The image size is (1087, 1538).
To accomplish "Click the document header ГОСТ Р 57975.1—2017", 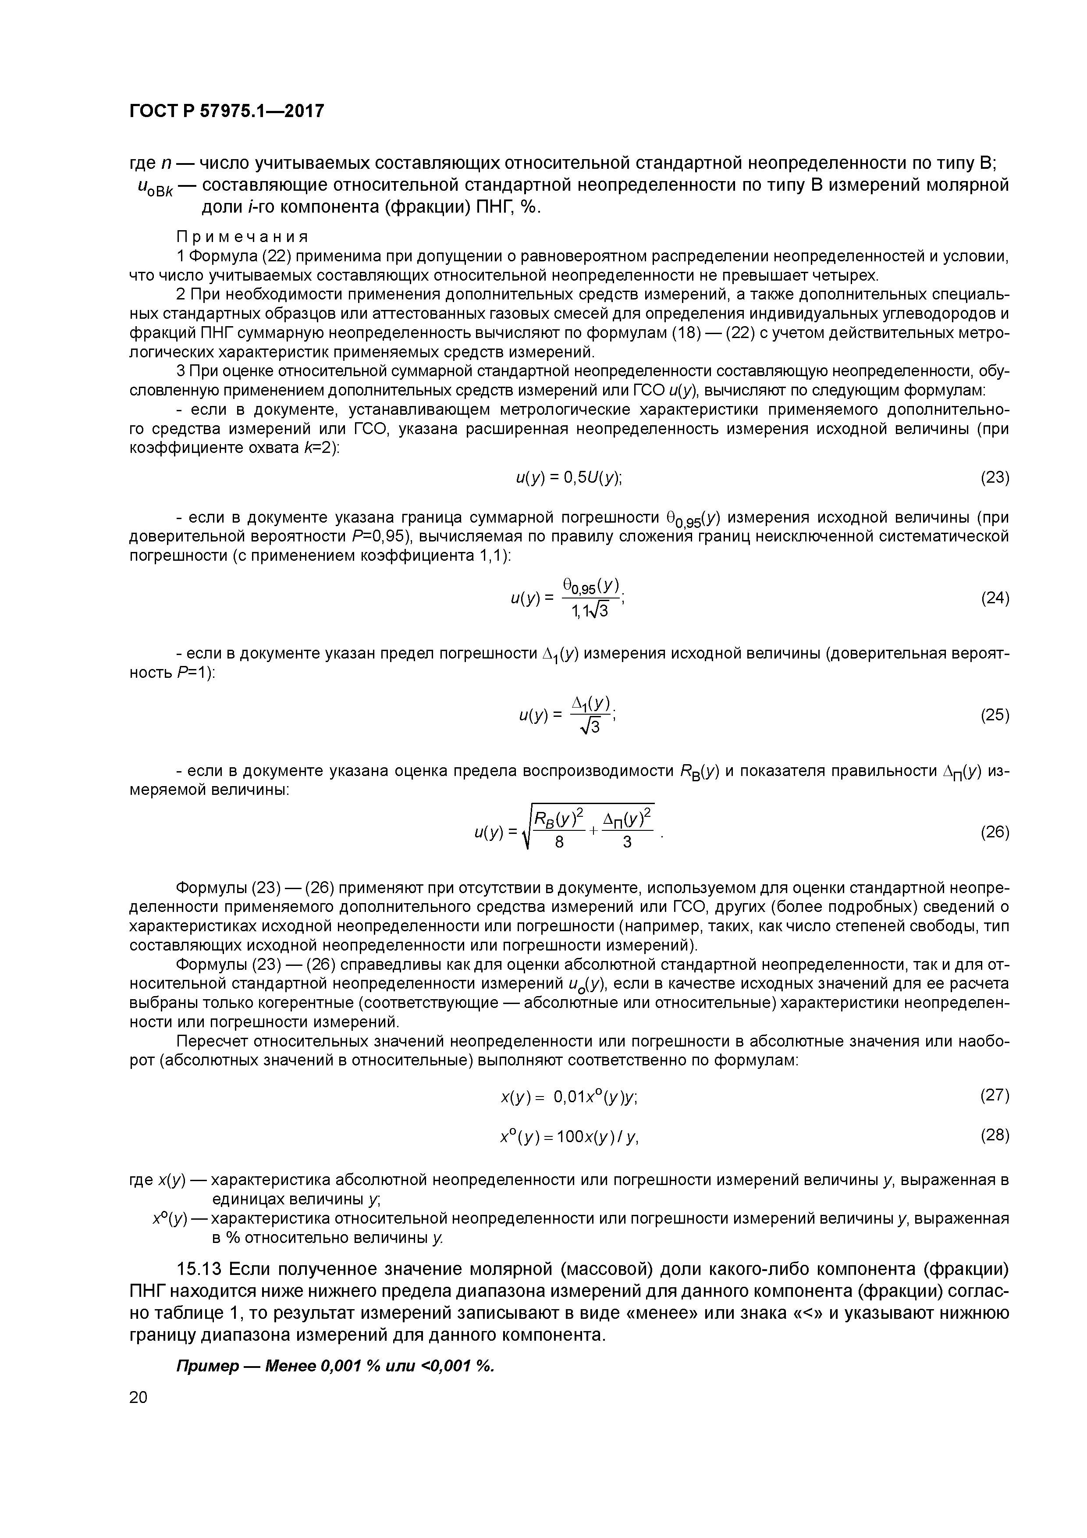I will pyautogui.click(x=226, y=110).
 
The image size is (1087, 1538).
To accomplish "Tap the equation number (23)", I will pyautogui.click(x=995, y=477).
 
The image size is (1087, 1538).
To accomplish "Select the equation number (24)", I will pyautogui.click(x=995, y=598).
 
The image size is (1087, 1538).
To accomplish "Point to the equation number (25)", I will pyautogui.click(x=995, y=715).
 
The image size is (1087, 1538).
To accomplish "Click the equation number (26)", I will pyautogui.click(x=995, y=832).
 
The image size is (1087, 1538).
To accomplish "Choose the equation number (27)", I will pyautogui.click(x=995, y=1095).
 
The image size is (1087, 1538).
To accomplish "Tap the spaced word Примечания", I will pyautogui.click(x=242, y=237).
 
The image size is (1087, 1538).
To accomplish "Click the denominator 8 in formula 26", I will pyautogui.click(x=560, y=843).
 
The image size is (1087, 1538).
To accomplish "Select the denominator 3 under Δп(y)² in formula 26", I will pyautogui.click(x=627, y=843).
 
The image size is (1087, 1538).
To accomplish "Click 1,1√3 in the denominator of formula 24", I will pyautogui.click(x=590, y=610).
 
